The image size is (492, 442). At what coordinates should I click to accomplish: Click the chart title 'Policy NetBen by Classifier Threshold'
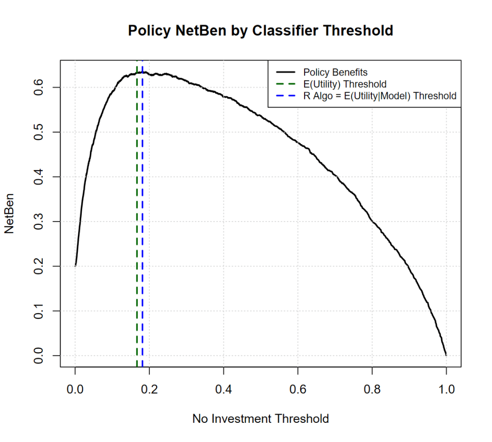pyautogui.click(x=260, y=31)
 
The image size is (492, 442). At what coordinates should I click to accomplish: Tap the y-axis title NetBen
pyautogui.click(x=9, y=214)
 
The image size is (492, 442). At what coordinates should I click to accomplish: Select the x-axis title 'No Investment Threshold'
pyautogui.click(x=260, y=419)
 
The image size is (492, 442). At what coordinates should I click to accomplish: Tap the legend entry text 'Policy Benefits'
pyautogui.click(x=335, y=73)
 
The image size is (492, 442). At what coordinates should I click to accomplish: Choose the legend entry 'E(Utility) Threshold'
pyautogui.click(x=344, y=84)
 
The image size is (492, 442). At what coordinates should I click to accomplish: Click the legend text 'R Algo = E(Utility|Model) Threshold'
pyautogui.click(x=380, y=96)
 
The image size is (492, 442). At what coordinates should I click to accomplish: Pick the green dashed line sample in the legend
pyautogui.click(x=285, y=84)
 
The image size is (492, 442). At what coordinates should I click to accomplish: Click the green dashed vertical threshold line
pyautogui.click(x=137, y=216)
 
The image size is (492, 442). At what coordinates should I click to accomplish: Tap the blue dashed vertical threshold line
pyautogui.click(x=143, y=216)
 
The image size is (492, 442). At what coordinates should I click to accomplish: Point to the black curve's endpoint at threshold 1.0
pyautogui.click(x=446, y=355)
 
